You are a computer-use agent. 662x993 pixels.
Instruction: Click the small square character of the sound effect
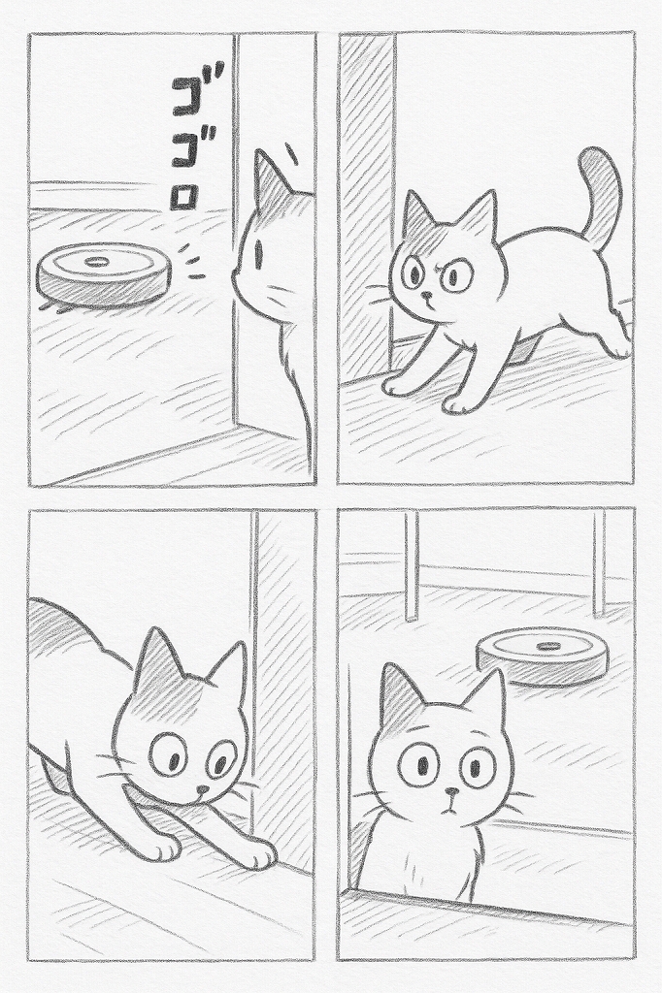click(x=183, y=198)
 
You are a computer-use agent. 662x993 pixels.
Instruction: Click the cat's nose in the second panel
click(x=426, y=295)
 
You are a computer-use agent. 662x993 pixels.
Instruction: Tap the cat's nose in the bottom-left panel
click(x=203, y=790)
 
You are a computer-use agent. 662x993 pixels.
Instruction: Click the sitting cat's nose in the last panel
click(x=450, y=791)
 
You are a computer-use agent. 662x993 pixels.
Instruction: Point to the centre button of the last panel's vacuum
click(x=549, y=646)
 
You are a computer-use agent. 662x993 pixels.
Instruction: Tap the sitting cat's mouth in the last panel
click(x=450, y=806)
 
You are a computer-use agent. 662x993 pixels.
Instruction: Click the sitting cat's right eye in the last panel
click(x=479, y=766)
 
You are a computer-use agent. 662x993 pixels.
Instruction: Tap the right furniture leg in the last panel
click(x=599, y=563)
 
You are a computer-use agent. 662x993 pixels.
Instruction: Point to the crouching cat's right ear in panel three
click(x=229, y=670)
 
